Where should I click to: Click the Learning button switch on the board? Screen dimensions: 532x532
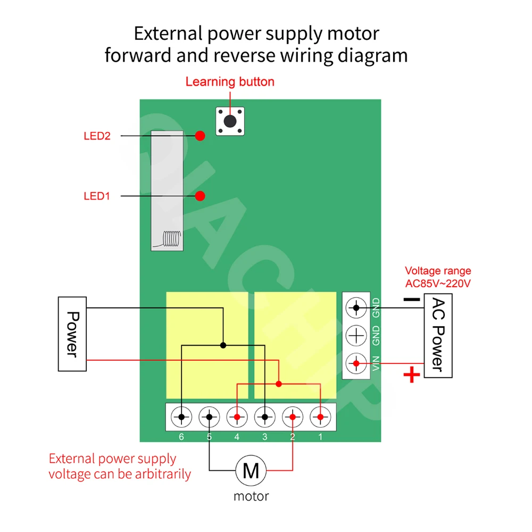[x=230, y=121]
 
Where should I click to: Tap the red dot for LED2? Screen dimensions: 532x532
[x=200, y=136]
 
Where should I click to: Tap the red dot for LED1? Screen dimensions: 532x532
[x=200, y=196]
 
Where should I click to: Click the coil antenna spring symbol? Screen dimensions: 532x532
[x=170, y=239]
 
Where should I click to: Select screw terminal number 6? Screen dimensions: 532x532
[x=182, y=417]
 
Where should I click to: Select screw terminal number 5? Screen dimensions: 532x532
[x=210, y=417]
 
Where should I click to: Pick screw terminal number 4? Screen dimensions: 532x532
[x=237, y=417]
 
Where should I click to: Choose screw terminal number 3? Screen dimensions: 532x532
[x=265, y=417]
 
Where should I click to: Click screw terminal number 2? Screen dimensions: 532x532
[x=293, y=417]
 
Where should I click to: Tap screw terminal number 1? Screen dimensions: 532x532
[x=320, y=417]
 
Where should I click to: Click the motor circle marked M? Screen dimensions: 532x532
[x=251, y=470]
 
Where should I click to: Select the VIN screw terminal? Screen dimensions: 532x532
[x=356, y=364]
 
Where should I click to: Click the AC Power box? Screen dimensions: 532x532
[x=437, y=335]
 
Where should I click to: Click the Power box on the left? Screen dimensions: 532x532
[x=72, y=334]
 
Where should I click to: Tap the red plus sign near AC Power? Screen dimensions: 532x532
[x=411, y=376]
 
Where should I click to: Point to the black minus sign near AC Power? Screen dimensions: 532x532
[x=411, y=300]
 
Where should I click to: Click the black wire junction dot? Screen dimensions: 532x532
[x=223, y=345]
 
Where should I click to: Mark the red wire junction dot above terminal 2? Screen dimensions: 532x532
[x=279, y=383]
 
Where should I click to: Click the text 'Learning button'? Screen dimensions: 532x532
[x=230, y=82]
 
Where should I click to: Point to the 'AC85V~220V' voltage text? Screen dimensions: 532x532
[x=438, y=283]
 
